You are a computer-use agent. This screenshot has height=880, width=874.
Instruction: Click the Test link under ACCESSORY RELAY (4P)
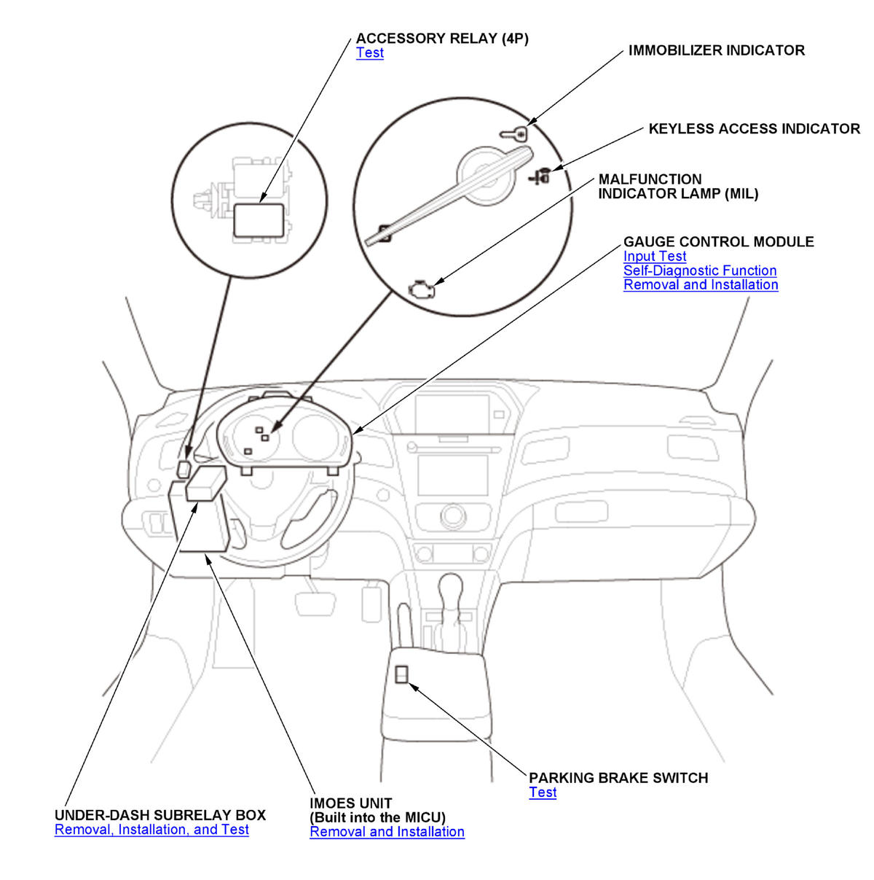370,53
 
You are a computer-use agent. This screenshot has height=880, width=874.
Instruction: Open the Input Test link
655,257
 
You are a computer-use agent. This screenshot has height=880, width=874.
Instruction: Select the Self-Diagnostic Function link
700,270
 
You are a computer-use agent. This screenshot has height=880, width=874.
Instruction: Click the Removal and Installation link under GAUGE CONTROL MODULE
701,285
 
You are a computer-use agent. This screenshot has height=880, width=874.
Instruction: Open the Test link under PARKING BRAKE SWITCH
543,793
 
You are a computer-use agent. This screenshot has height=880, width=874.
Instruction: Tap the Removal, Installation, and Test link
151,830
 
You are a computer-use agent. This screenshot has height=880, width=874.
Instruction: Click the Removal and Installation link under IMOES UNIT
387,832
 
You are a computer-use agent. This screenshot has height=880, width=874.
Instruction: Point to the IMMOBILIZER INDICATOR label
716,51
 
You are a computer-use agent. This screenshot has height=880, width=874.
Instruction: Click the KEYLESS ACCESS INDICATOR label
754,129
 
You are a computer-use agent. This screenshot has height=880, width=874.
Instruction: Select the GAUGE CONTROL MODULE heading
718,242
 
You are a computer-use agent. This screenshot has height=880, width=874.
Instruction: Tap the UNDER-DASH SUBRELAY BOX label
160,815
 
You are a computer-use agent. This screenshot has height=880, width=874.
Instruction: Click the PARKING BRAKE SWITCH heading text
618,778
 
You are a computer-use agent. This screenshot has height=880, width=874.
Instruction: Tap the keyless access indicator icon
540,176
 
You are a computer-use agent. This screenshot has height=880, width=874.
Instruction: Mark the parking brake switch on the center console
402,674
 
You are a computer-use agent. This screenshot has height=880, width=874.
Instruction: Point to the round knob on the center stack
452,516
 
